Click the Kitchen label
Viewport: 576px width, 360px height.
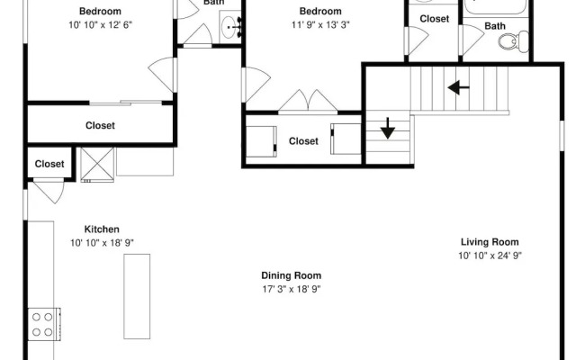click(102, 229)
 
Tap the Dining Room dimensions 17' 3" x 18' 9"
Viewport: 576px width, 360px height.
click(292, 289)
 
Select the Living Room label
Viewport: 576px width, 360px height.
click(490, 242)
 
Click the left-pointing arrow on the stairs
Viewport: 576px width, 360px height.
click(458, 88)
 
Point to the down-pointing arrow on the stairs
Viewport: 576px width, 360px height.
click(388, 128)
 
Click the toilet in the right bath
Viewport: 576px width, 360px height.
click(514, 41)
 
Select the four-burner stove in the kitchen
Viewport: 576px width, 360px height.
click(44, 324)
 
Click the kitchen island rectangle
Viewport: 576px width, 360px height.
click(137, 296)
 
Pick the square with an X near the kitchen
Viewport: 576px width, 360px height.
click(97, 165)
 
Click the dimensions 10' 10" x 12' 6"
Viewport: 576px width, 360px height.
click(100, 25)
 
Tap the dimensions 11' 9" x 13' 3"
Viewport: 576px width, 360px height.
click(320, 25)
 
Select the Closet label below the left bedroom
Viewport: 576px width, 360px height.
click(100, 126)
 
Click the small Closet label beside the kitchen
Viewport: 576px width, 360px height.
click(49, 164)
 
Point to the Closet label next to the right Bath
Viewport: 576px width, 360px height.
click(434, 19)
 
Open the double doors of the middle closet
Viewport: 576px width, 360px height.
click(308, 101)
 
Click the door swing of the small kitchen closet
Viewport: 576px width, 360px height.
click(49, 191)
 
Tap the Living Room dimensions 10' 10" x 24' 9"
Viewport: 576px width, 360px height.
click(490, 256)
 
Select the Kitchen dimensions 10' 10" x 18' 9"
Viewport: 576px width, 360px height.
click(102, 243)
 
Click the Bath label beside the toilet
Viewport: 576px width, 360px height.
click(495, 26)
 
